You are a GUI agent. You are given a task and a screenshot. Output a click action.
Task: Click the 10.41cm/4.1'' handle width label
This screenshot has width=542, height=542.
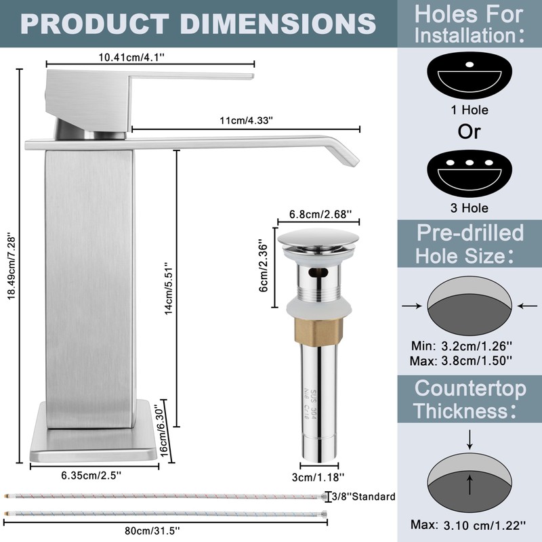point(131,57)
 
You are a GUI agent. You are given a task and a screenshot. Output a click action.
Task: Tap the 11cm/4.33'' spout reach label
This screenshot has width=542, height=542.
point(247,121)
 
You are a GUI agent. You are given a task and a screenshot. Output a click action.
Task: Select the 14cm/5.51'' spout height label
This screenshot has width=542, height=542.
point(168,289)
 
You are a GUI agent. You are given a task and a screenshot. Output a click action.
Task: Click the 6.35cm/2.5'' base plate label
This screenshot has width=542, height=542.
point(91,476)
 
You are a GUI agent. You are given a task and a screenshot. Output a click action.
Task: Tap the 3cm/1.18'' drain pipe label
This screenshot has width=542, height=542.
point(318,478)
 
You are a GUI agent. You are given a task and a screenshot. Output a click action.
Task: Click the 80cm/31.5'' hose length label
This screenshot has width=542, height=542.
point(152,530)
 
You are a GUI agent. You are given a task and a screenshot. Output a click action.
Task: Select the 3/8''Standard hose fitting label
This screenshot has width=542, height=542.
point(364,497)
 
